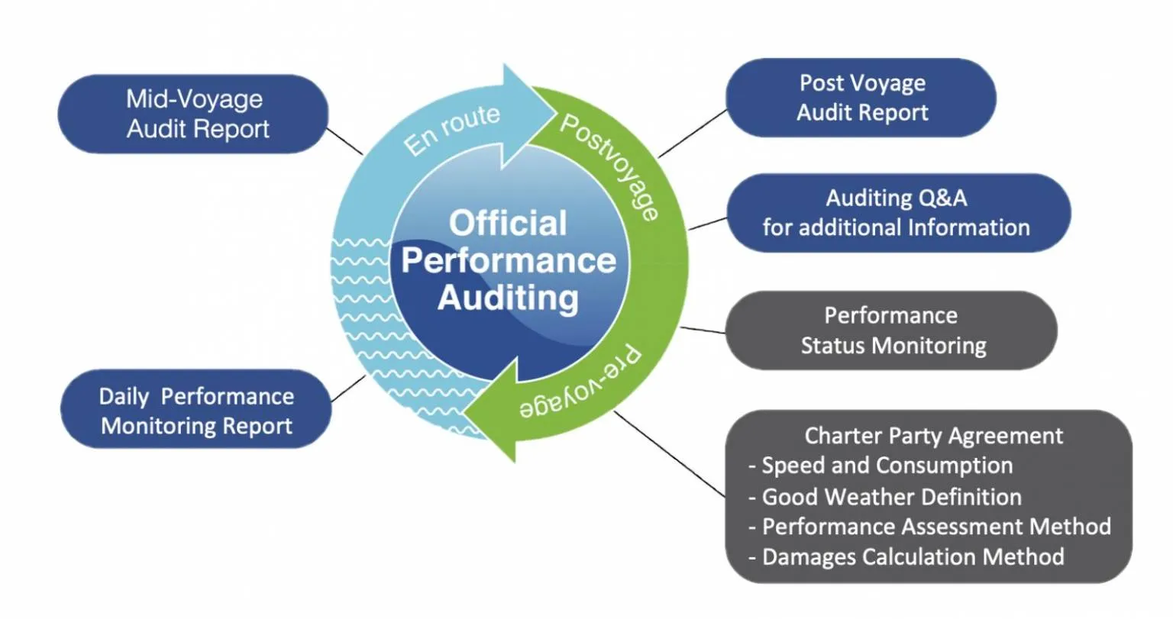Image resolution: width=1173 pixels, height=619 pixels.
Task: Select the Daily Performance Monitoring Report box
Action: coord(195,410)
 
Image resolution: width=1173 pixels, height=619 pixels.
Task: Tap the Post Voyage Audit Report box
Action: coord(861,98)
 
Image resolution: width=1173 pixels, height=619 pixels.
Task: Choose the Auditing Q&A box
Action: coord(897,212)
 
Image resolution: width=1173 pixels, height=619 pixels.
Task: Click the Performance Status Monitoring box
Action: coord(891,330)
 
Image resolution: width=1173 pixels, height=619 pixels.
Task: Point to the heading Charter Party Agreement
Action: coord(933,436)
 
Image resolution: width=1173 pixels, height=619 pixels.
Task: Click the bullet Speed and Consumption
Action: coord(887,466)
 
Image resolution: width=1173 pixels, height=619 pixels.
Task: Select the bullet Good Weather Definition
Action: coord(891,497)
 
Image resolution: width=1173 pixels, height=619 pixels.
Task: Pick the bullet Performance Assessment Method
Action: coord(935,527)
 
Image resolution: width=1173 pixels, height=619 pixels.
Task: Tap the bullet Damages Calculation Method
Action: coord(913,556)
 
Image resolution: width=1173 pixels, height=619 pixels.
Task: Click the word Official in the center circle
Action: coord(508,224)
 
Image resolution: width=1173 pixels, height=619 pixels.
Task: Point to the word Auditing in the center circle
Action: coord(508,297)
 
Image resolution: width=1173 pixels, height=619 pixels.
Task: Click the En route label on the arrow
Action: coord(451,130)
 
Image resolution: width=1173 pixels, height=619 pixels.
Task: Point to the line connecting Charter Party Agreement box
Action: coord(670,455)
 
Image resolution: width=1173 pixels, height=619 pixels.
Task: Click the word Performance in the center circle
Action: coord(508,260)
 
